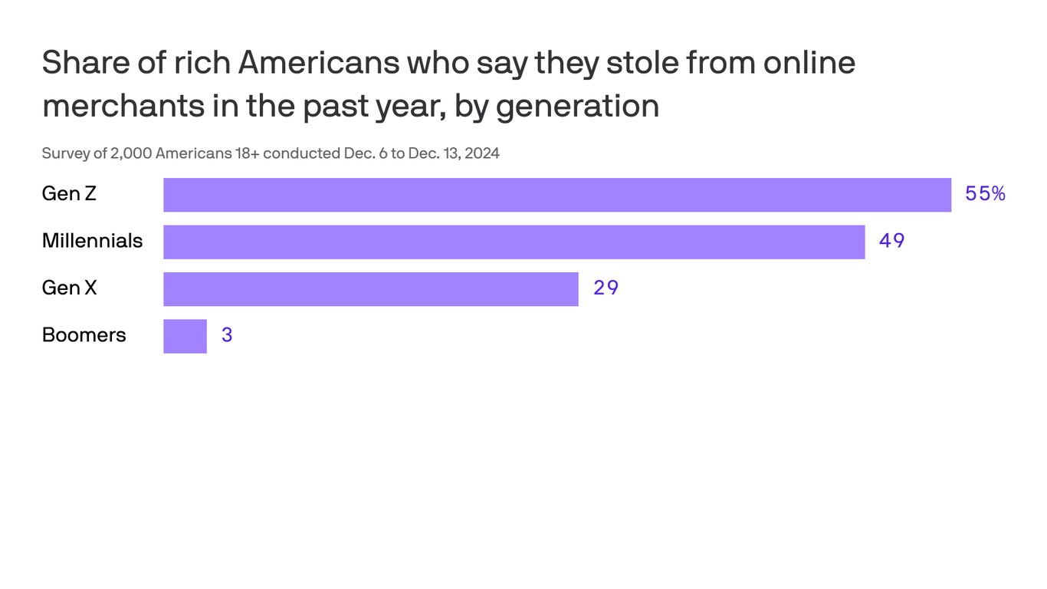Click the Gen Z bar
(557, 195)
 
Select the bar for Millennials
(514, 242)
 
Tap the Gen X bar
(370, 289)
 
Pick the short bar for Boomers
(185, 336)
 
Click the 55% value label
(985, 194)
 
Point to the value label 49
(891, 241)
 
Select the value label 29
(606, 288)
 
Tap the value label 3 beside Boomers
(227, 336)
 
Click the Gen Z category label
(69, 194)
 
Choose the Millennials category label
(92, 241)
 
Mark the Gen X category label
(69, 288)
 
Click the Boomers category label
(84, 335)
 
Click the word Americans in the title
(319, 63)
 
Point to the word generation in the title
(577, 106)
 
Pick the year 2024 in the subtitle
(482, 153)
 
